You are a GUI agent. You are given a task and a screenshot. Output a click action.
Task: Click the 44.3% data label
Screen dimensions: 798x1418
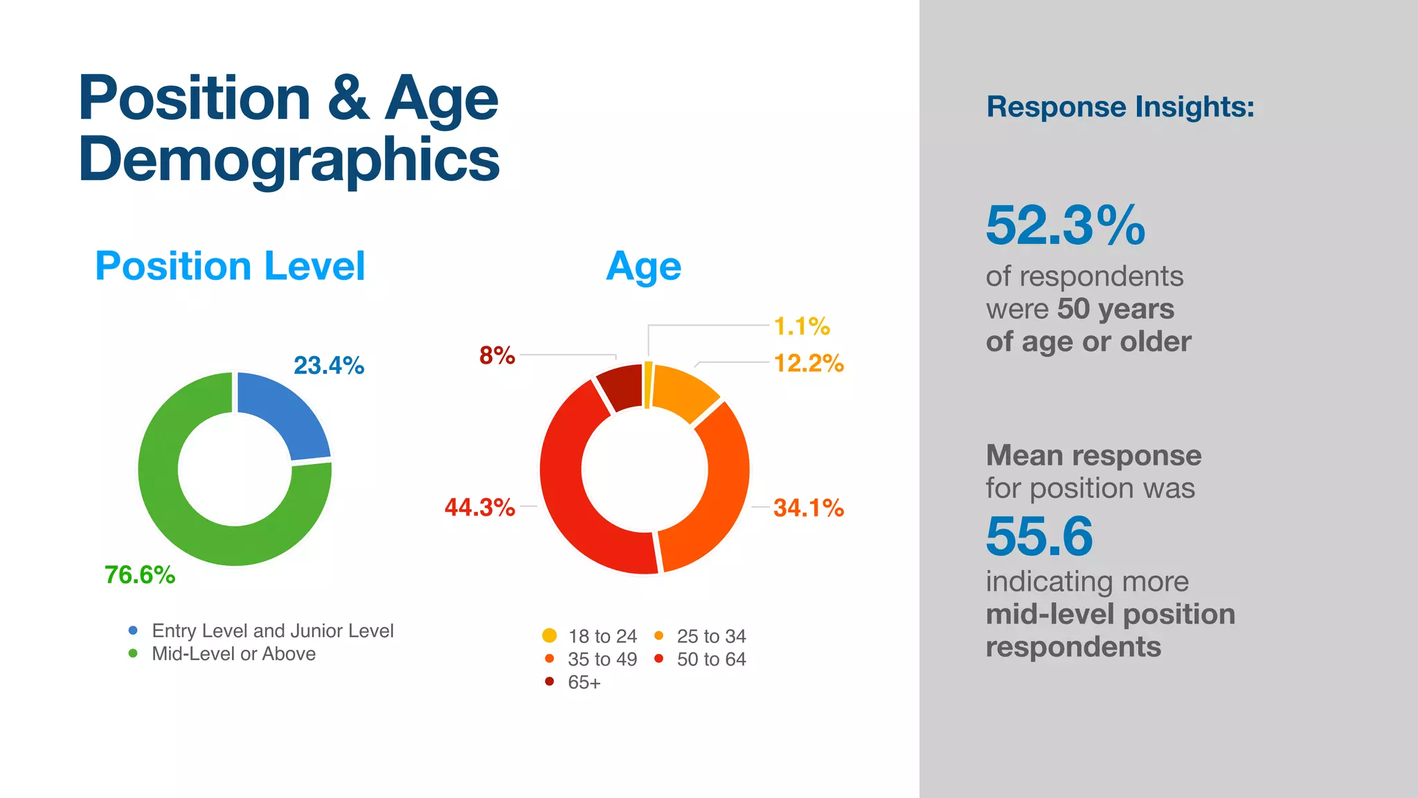click(479, 508)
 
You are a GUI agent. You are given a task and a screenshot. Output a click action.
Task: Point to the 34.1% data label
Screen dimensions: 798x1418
click(808, 508)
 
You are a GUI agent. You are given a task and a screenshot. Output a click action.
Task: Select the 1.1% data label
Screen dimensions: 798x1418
click(801, 326)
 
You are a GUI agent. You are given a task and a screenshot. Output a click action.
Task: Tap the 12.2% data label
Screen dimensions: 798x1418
click(808, 363)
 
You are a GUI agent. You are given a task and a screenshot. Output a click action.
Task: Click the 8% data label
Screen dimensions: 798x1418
click(496, 355)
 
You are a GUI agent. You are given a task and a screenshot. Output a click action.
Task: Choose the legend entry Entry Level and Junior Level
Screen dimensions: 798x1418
click(272, 631)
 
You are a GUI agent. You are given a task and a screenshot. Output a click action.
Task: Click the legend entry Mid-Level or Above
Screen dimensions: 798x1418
click(233, 654)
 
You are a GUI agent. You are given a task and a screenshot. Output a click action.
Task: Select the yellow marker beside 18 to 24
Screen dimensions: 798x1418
click(549, 635)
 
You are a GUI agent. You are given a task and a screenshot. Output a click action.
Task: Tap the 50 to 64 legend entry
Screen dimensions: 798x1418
click(710, 659)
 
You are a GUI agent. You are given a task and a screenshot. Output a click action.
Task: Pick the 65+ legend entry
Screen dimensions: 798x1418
click(583, 682)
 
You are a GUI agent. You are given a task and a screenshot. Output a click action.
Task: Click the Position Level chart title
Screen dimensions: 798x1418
click(230, 266)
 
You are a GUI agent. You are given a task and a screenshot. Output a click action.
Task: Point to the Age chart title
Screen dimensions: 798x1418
click(643, 267)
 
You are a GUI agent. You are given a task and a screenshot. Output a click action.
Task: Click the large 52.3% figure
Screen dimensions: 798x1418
click(1065, 226)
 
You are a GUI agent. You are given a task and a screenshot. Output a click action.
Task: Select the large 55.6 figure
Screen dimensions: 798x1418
click(1039, 536)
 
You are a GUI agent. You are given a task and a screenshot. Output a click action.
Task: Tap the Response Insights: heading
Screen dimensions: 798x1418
click(1120, 107)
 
